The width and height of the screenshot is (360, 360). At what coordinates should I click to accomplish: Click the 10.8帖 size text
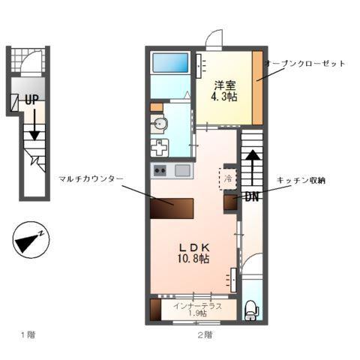click(193, 259)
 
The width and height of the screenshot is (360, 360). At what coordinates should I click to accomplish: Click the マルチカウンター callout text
click(88, 178)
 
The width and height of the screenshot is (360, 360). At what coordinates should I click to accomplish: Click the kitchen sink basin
click(182, 170)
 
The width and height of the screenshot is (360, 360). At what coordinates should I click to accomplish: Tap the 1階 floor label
click(28, 335)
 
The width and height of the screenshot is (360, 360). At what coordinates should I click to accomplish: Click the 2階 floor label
click(204, 335)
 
